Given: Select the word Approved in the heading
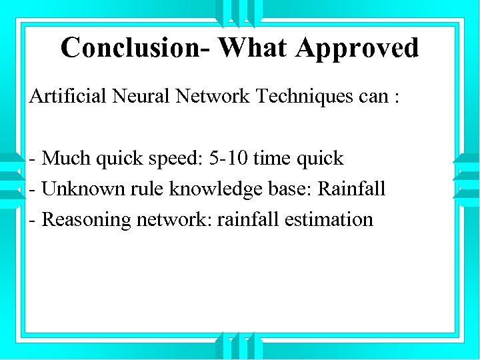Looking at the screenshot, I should [x=357, y=48].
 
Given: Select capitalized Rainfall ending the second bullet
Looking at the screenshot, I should [x=351, y=189].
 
